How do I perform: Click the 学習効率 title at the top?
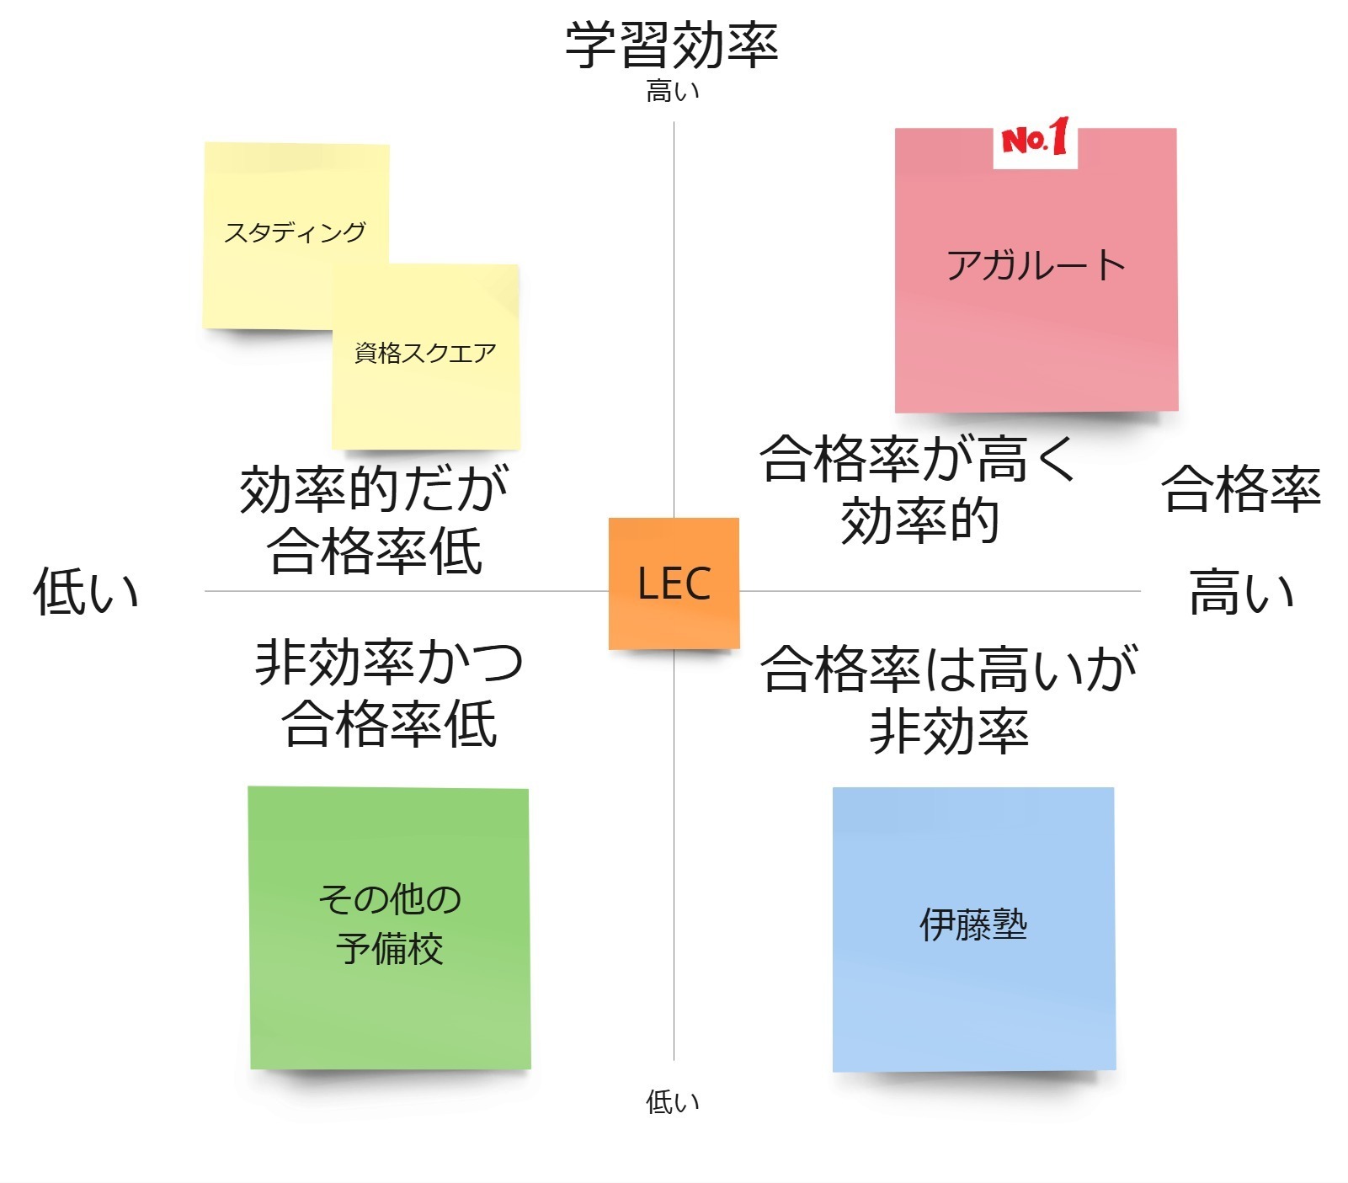click(672, 45)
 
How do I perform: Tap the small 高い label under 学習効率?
click(672, 91)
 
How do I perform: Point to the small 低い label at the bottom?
click(672, 1101)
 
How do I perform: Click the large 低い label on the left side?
click(86, 591)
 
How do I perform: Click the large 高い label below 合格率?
click(1240, 592)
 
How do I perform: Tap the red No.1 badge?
click(1035, 139)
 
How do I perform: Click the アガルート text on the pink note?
click(1036, 266)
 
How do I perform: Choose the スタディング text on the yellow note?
click(295, 232)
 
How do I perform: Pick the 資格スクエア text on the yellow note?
click(425, 353)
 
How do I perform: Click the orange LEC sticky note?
click(674, 584)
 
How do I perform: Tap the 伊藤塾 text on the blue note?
click(973, 925)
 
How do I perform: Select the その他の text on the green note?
click(390, 899)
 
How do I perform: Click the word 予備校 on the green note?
click(390, 949)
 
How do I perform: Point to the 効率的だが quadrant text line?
click(375, 489)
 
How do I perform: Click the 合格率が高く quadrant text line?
click(918, 459)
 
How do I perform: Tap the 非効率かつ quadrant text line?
click(389, 663)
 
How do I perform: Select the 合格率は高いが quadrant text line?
click(949, 669)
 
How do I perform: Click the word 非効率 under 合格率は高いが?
click(949, 731)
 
